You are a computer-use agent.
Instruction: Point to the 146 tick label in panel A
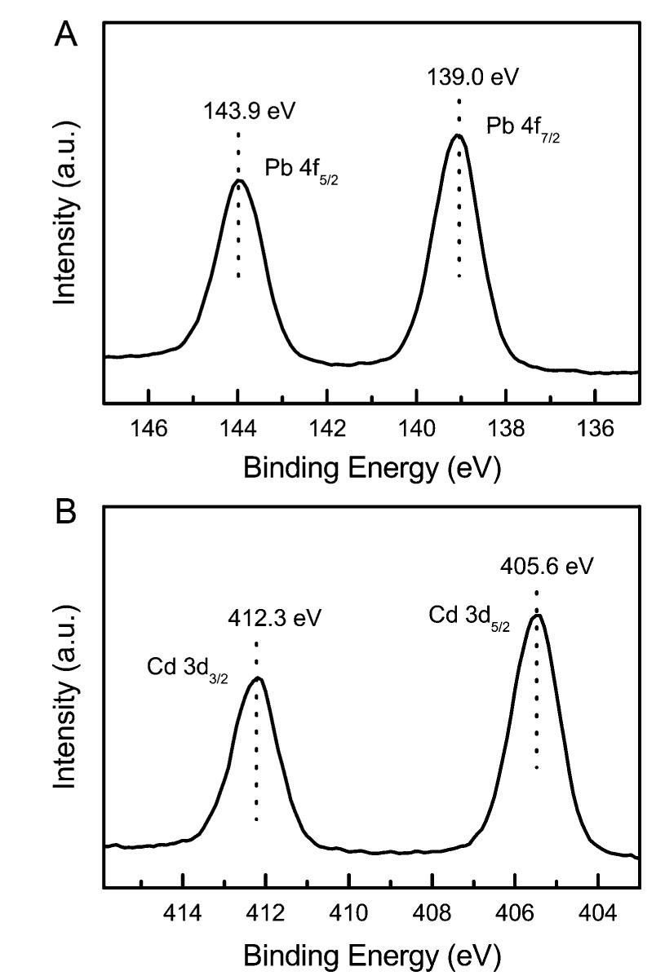click(149, 430)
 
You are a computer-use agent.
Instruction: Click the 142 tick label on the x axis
click(327, 430)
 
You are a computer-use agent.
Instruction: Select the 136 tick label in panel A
click(594, 430)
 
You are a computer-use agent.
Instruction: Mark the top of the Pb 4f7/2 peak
click(459, 135)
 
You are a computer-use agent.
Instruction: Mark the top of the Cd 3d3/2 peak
click(257, 678)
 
